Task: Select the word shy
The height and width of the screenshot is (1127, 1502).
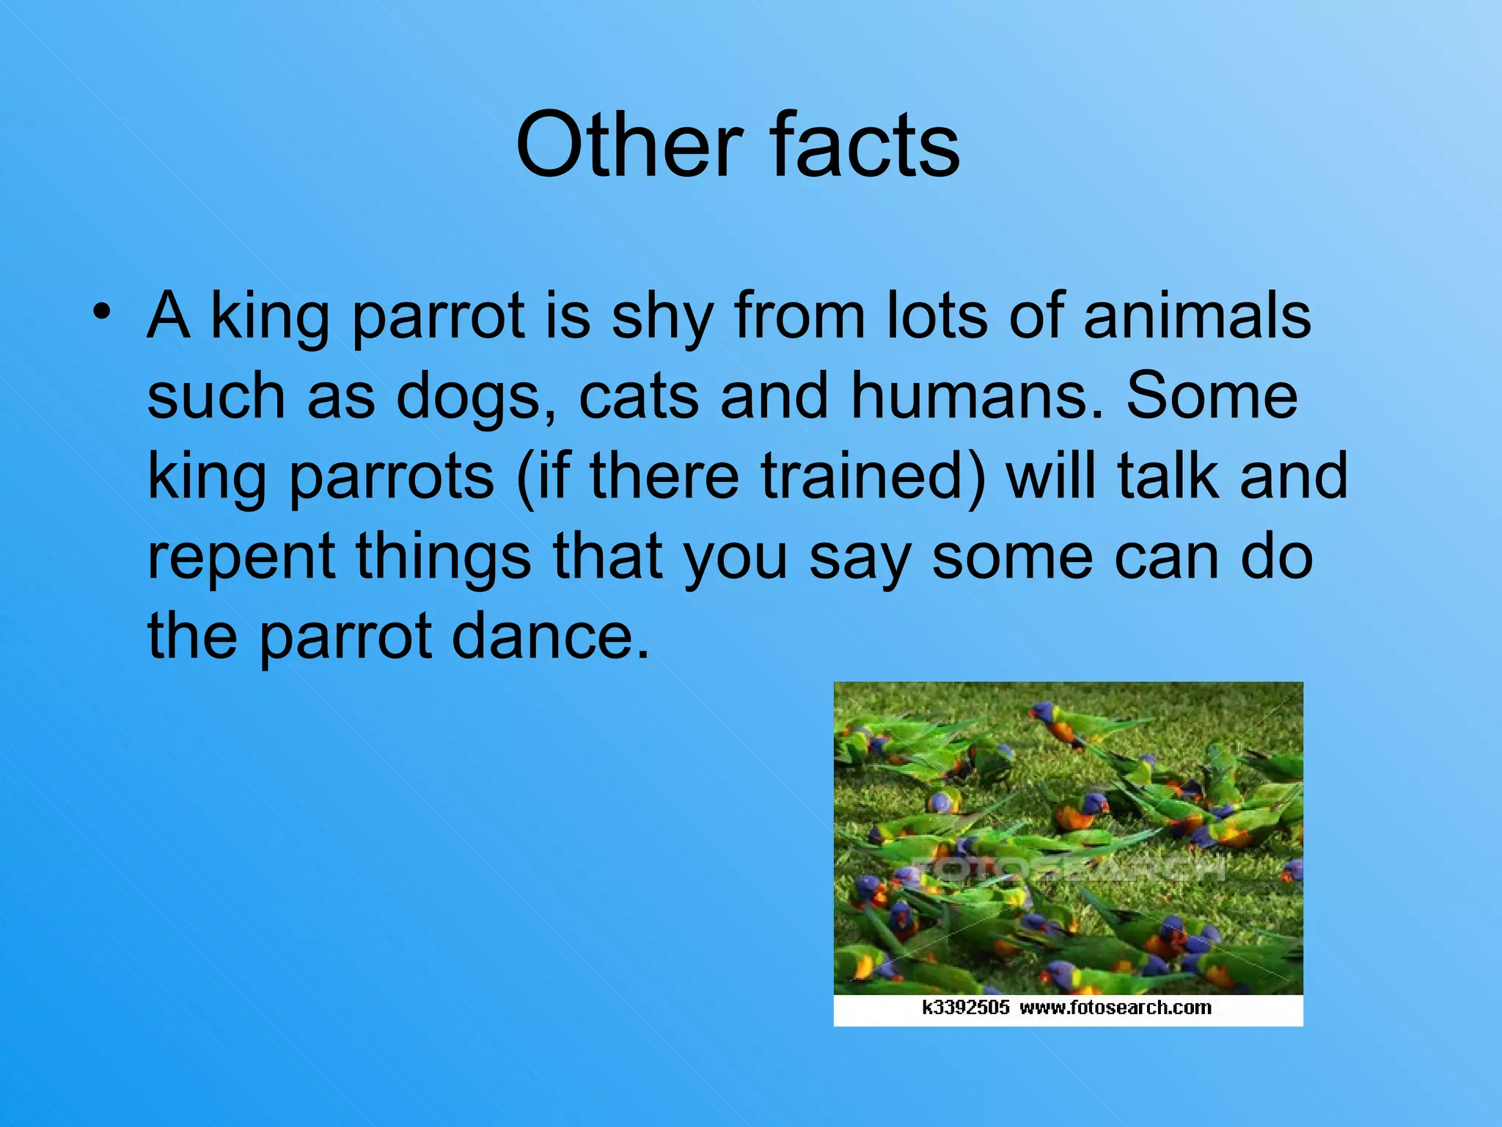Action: pyautogui.click(x=662, y=317)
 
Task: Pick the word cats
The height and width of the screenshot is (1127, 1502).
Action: pyautogui.click(x=638, y=396)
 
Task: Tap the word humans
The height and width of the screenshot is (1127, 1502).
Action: pyautogui.click(x=976, y=396)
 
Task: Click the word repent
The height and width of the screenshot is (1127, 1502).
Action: pyautogui.click(x=241, y=558)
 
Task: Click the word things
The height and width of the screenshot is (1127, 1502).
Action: pyautogui.click(x=443, y=558)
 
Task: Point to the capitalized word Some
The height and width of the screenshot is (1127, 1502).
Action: pyautogui.click(x=1212, y=396)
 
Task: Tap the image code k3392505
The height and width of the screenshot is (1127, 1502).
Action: pyautogui.click(x=965, y=1007)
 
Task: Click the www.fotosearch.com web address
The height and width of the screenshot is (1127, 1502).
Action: pyautogui.click(x=1115, y=1007)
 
